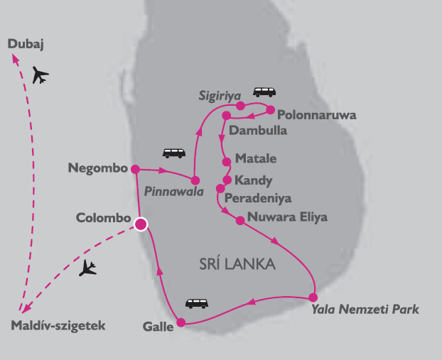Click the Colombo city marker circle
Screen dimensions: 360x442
click(141, 224)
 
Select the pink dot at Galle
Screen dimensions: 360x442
click(180, 323)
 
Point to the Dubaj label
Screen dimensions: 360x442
click(26, 45)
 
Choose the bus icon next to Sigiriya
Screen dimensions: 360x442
click(265, 92)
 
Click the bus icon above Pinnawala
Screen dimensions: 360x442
click(173, 153)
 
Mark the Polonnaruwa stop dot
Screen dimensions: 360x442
click(270, 109)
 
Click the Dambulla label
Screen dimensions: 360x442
click(260, 131)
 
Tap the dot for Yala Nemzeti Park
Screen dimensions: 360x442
click(314, 297)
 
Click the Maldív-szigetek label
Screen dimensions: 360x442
click(58, 327)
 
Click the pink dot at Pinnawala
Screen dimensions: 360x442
click(195, 180)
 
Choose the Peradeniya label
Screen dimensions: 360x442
click(257, 198)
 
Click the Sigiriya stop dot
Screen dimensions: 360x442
click(240, 106)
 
